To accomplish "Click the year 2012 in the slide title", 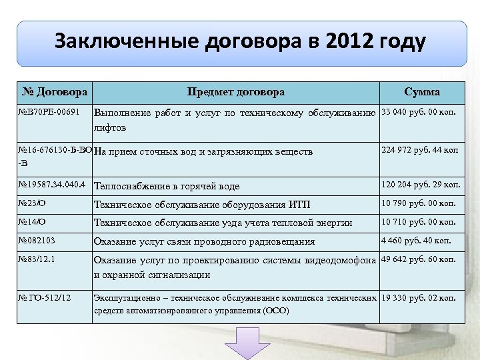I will tap(351, 42).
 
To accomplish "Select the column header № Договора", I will tap(55, 92).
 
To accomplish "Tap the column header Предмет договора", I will tap(236, 92).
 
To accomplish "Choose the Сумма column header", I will tap(422, 92).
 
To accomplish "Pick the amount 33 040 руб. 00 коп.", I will tap(418, 111).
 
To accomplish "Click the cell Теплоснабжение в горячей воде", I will tap(167, 186).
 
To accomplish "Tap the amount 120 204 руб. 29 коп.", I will tap(421, 185).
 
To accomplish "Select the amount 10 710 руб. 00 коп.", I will tap(419, 222).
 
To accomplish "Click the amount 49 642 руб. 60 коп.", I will tap(418, 259).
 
